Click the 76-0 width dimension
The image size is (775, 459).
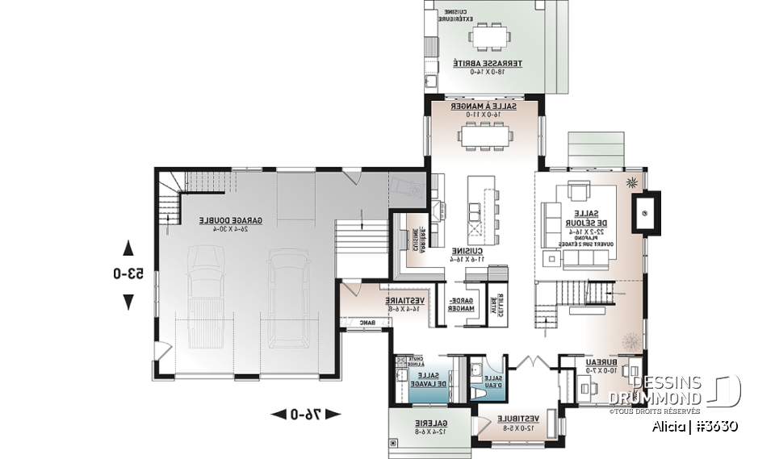[305, 415]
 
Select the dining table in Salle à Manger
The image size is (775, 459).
[486, 136]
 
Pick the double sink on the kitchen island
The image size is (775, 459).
[475, 212]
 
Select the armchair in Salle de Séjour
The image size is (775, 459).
[578, 193]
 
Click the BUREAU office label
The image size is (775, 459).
[597, 365]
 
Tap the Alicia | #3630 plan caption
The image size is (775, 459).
[695, 426]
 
